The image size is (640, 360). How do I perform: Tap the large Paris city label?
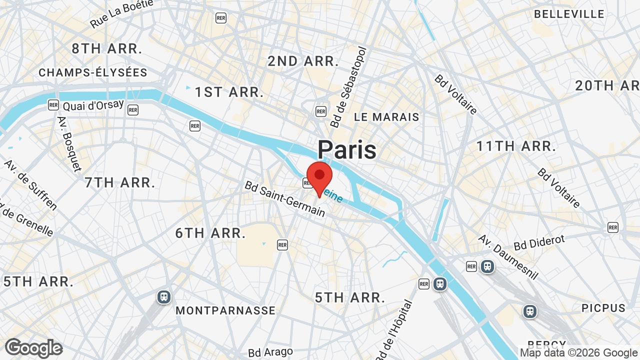[347, 149]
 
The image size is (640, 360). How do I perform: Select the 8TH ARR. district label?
[107, 48]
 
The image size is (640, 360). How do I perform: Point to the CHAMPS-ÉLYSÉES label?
[93, 72]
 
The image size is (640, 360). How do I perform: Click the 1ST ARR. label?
[229, 92]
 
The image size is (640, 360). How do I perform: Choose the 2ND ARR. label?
[303, 61]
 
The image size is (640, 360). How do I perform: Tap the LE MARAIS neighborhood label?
[386, 117]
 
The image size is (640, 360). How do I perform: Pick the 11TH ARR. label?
[516, 146]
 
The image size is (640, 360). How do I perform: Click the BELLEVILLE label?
[569, 14]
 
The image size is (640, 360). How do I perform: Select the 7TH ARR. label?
[120, 182]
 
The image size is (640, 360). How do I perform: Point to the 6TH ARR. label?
[210, 233]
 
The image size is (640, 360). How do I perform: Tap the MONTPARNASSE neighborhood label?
[225, 310]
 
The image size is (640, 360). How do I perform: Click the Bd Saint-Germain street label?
[285, 198]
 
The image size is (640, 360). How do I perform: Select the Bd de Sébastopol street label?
[348, 88]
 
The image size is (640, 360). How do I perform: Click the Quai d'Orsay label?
[93, 105]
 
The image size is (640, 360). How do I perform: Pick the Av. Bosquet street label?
[69, 144]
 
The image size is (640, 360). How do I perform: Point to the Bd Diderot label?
[539, 242]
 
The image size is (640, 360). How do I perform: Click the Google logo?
[33, 348]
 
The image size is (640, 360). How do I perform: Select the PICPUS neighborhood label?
[603, 308]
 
